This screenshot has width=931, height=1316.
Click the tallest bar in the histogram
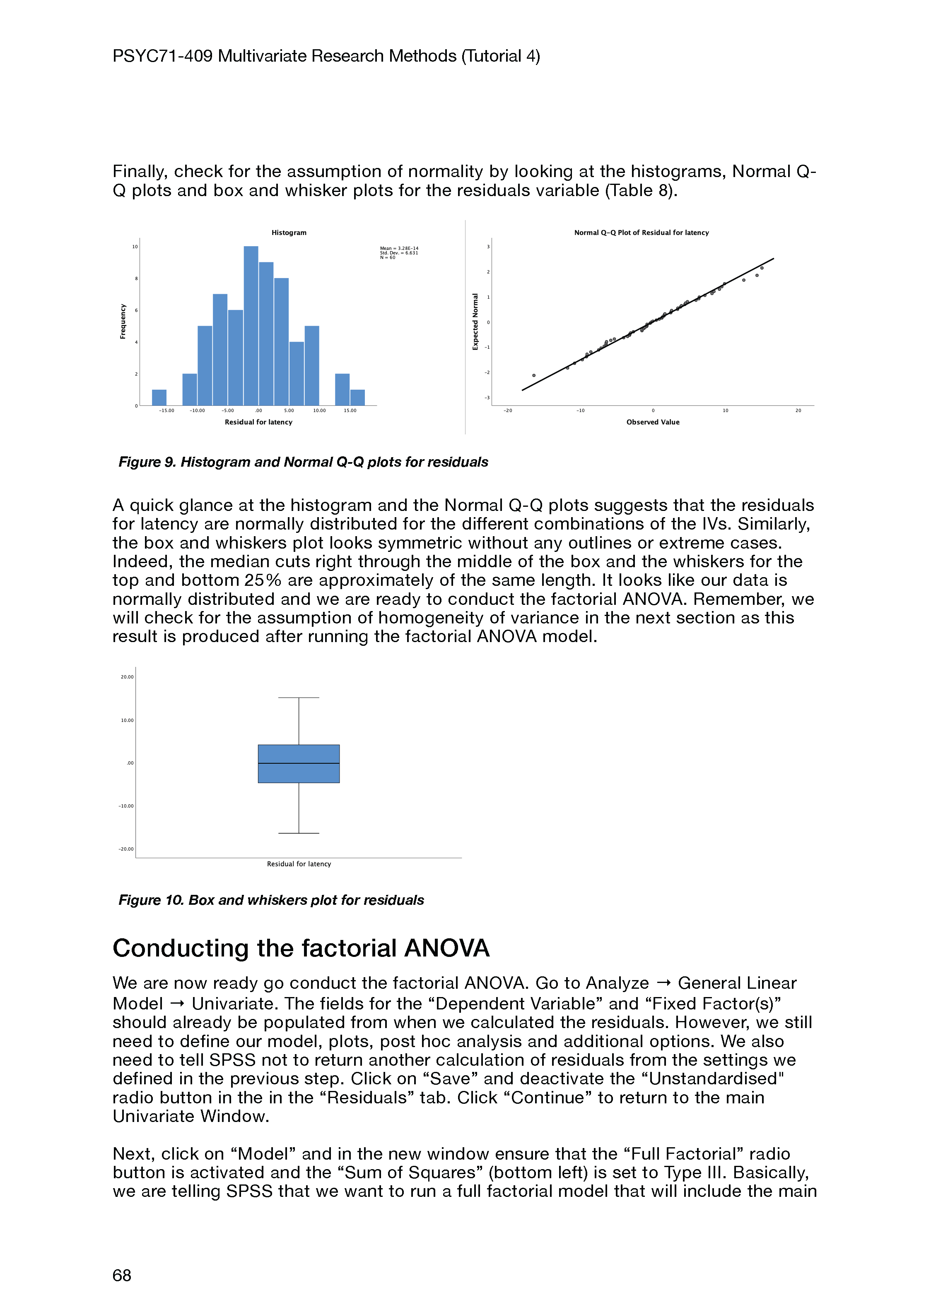(251, 326)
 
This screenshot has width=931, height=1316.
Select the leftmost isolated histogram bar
(159, 398)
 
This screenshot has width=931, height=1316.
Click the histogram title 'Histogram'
(289, 233)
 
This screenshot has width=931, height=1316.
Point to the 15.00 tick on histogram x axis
(350, 410)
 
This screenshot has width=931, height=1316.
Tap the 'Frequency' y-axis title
(123, 321)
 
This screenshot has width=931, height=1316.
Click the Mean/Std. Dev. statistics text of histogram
(399, 253)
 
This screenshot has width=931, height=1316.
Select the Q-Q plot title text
(642, 233)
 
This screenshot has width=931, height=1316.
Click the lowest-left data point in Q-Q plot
(534, 375)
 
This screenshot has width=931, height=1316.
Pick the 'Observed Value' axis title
(653, 422)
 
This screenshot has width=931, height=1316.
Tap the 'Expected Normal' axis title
(475, 321)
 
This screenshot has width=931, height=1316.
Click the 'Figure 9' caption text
(303, 463)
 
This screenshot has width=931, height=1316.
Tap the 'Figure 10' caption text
(271, 901)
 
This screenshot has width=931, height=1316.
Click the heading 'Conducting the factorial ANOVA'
(301, 949)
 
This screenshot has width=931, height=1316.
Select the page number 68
(122, 1275)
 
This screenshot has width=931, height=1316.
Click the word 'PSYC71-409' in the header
(162, 56)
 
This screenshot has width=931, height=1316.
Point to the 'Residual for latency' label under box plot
(299, 864)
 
